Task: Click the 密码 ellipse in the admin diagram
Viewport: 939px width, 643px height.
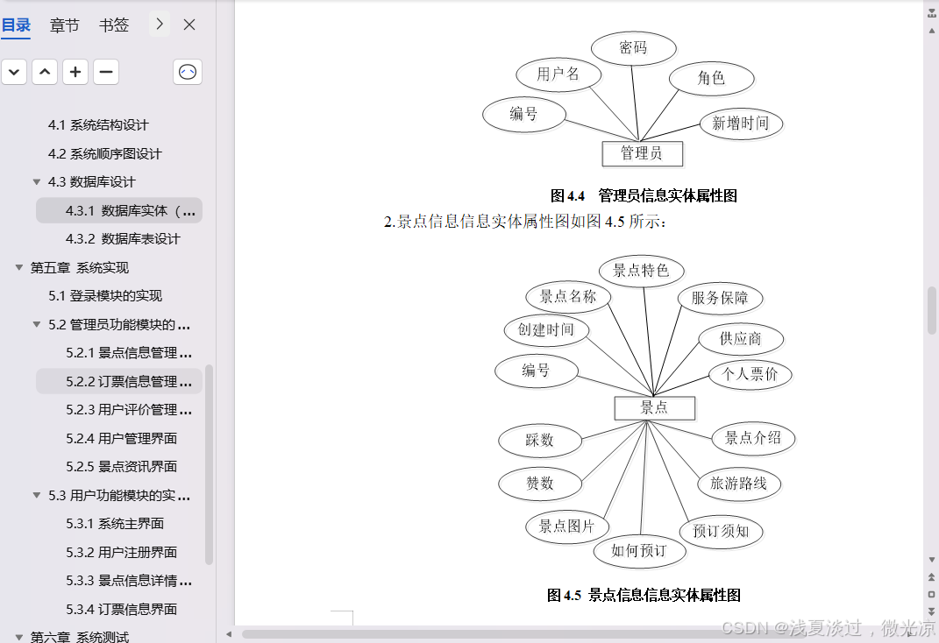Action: click(x=633, y=48)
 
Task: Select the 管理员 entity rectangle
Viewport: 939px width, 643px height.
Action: click(x=642, y=153)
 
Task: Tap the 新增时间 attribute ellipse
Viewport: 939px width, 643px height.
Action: click(x=740, y=124)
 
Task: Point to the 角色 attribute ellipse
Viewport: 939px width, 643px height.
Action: click(x=711, y=78)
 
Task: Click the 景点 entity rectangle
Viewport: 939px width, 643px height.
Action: click(x=654, y=407)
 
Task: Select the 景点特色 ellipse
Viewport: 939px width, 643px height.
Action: click(x=641, y=271)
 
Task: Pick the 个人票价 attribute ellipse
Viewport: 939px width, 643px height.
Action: click(x=750, y=375)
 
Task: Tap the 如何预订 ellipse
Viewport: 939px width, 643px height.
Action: click(x=639, y=550)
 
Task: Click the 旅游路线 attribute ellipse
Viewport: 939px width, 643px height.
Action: click(x=738, y=483)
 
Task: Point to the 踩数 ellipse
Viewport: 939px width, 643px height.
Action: click(x=540, y=440)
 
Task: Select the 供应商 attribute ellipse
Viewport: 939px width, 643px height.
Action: click(x=741, y=339)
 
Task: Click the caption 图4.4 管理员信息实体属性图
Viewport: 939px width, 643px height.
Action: click(x=644, y=195)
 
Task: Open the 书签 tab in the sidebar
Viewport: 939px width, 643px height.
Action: click(x=114, y=25)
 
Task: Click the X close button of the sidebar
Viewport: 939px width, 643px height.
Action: click(x=189, y=25)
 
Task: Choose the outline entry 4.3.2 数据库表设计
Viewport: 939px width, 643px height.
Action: click(x=123, y=239)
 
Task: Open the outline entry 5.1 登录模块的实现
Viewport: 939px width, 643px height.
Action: click(x=105, y=296)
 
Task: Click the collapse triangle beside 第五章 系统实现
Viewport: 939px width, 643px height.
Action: click(x=18, y=267)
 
